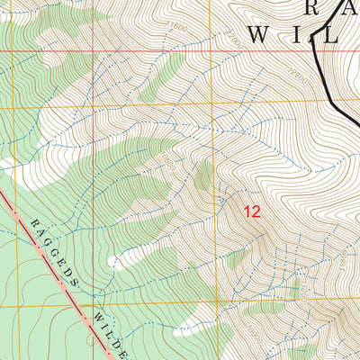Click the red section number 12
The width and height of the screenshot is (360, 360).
(x=252, y=212)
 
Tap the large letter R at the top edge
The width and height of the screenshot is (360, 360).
(x=311, y=7)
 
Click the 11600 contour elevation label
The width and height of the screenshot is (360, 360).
(x=178, y=28)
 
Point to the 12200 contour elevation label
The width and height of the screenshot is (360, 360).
(x=299, y=85)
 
